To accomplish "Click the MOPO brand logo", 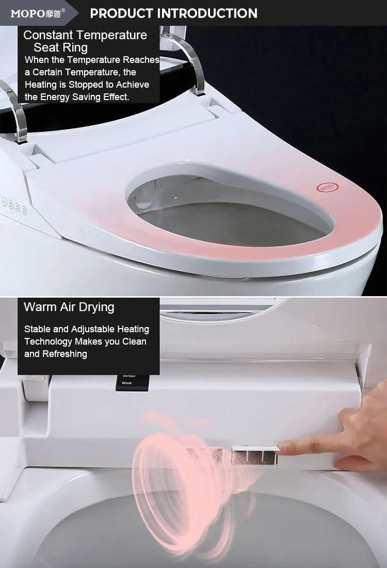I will [x=36, y=13].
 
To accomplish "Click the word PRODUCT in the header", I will [x=121, y=13].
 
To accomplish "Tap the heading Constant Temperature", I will [x=85, y=36].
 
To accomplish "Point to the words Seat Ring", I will [x=60, y=48].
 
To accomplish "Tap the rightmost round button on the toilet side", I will [x=23, y=209].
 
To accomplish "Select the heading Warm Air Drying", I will [x=69, y=307].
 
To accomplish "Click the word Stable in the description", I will [x=37, y=329].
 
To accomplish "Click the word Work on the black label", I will [x=126, y=383].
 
